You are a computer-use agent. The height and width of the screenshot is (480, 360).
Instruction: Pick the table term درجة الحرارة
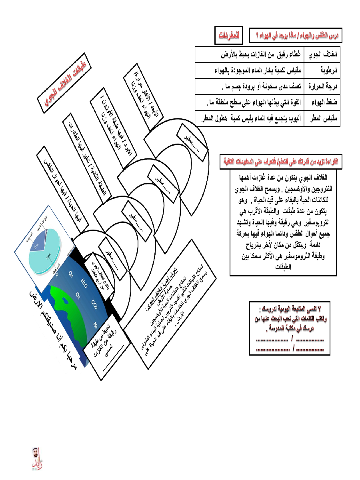322,86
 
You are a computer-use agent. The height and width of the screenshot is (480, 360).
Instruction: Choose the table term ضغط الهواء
325,102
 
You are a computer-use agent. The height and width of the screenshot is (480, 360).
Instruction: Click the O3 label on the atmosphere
70,274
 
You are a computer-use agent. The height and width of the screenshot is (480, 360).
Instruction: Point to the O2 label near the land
78,295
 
